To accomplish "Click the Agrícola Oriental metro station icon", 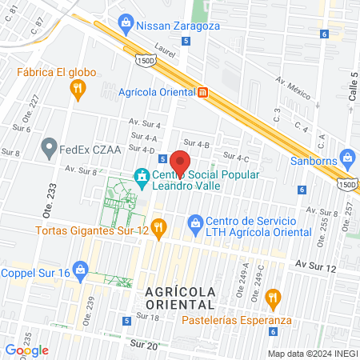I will tap(203, 92).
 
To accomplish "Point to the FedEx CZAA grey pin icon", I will tap(50, 147).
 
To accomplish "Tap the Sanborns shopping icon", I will tap(347, 155).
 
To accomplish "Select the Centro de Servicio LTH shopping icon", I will tap(194, 222).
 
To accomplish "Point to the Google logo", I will tap(27, 350).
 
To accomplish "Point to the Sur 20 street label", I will tap(143, 344).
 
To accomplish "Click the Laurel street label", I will tap(165, 48).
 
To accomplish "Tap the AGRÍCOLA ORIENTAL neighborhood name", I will tap(181, 298).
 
